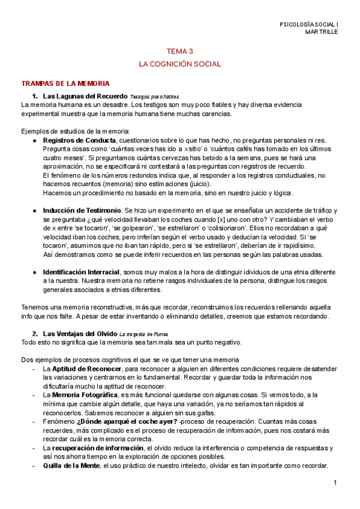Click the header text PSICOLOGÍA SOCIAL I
[309, 24]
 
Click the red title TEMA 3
[180, 52]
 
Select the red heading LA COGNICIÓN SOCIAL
[180, 63]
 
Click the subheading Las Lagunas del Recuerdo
[84, 96]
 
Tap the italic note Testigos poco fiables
[154, 97]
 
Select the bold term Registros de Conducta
[79, 140]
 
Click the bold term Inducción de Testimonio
[81, 211]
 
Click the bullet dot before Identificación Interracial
[35, 272]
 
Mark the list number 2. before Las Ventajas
[35, 333]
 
